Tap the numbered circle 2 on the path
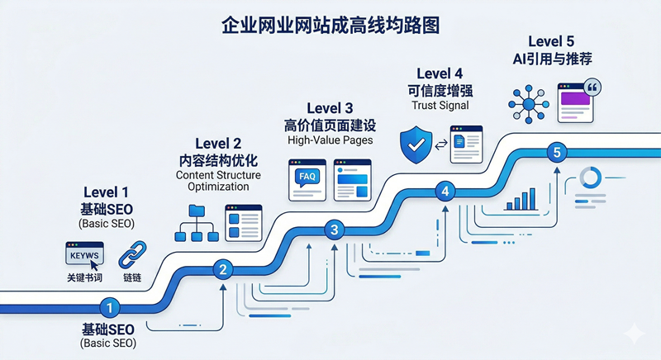coord(222,268)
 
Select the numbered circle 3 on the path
coord(334,230)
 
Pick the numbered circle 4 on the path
coord(446,192)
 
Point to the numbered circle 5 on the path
coord(557,152)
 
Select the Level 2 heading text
coord(220,143)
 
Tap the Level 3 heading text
coord(330,108)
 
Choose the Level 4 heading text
coord(439,72)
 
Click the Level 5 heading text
coord(551,40)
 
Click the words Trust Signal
coord(439,106)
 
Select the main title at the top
coord(330,25)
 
